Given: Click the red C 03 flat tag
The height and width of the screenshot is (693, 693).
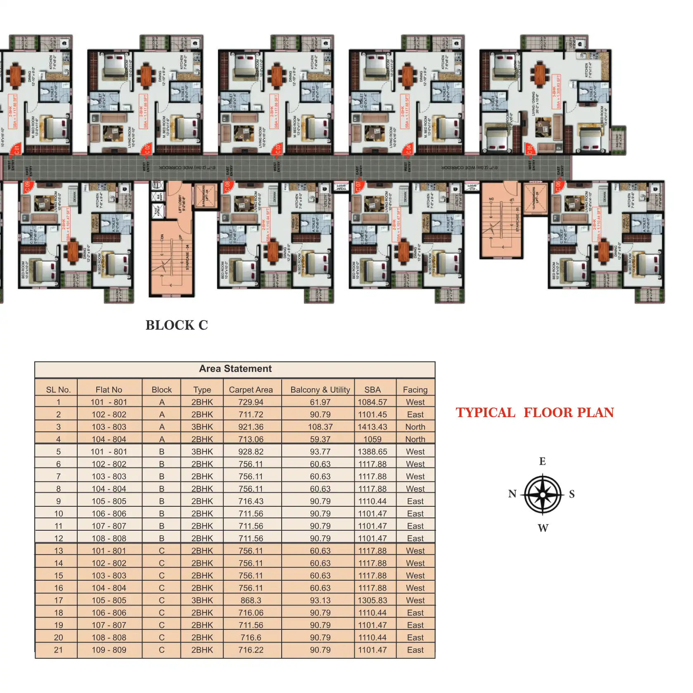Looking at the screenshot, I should click(x=278, y=149).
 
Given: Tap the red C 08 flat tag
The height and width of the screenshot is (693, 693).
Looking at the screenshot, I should click(x=227, y=186).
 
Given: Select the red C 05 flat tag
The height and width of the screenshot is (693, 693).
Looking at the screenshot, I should click(x=529, y=149).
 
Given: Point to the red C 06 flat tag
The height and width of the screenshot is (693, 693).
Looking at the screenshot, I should click(x=558, y=186).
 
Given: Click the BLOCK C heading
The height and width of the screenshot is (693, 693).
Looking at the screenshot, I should click(x=176, y=325).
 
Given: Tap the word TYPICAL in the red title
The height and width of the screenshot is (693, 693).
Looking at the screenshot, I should click(x=485, y=413).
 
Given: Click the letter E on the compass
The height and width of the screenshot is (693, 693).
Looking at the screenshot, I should click(x=542, y=461).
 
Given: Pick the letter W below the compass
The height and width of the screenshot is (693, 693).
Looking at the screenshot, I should click(x=543, y=528).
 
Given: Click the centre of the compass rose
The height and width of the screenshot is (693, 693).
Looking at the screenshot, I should click(x=543, y=494).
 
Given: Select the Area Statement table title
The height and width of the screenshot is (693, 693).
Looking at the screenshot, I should click(x=235, y=369).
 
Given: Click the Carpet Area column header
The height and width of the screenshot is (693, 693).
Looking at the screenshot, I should click(x=251, y=390).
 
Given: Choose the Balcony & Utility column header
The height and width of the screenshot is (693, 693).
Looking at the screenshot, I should click(x=320, y=390).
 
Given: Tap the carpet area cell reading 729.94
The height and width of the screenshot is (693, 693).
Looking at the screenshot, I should click(x=251, y=402).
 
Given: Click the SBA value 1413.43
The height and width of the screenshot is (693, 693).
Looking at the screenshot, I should click(x=373, y=427).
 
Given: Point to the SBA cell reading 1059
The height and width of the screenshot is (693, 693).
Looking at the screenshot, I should click(x=373, y=439).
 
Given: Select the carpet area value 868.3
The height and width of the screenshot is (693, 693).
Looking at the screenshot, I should click(x=251, y=600).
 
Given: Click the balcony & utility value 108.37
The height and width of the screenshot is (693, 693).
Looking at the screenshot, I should click(x=320, y=427).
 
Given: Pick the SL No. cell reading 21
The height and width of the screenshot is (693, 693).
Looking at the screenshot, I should click(x=58, y=650).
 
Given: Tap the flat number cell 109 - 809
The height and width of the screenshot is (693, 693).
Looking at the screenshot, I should click(x=109, y=650).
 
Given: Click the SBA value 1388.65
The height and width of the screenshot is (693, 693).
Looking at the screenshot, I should click(x=373, y=452).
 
